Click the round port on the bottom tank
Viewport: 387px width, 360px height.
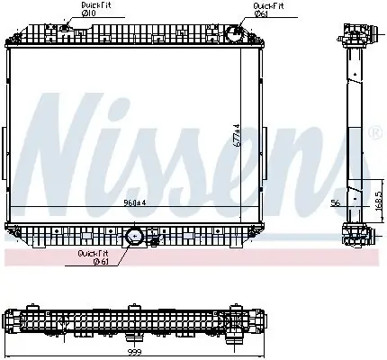point(134,238)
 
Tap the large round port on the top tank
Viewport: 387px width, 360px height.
point(232,36)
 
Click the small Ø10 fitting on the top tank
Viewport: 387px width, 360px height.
point(52,29)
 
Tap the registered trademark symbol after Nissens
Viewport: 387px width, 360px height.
point(374,132)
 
